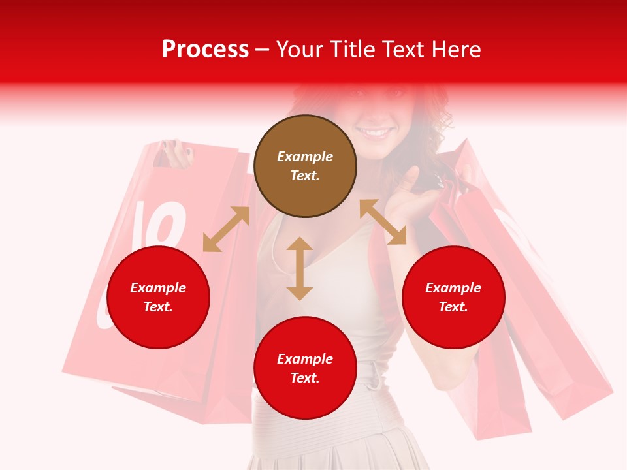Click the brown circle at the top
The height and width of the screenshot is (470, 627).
305,166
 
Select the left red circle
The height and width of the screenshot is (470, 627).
158,297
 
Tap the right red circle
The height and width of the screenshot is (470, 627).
453,297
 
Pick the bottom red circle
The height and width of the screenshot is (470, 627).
305,368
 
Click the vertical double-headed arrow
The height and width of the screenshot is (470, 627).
300,268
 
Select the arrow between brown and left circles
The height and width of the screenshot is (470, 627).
226,229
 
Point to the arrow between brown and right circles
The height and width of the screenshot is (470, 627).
383,222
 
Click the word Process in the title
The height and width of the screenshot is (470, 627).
205,49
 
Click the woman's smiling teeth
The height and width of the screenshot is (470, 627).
375,133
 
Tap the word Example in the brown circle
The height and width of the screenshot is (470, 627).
305,157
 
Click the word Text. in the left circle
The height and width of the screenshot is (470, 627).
158,307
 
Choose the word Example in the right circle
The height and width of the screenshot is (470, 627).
453,288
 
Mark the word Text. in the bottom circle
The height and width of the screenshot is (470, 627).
305,378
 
